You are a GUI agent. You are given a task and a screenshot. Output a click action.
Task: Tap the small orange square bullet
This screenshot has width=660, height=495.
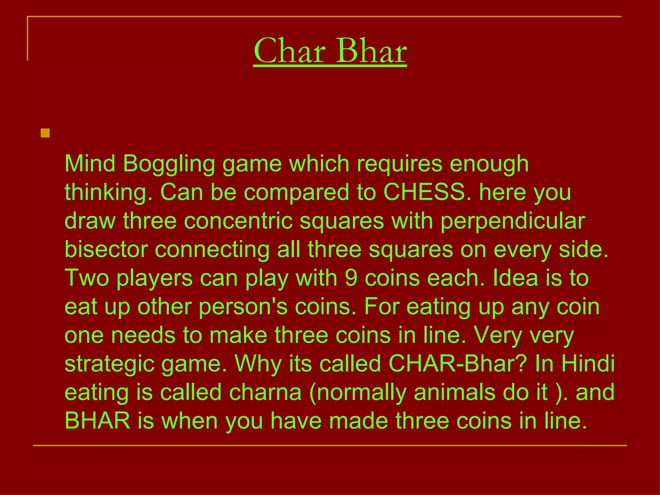[x=45, y=133]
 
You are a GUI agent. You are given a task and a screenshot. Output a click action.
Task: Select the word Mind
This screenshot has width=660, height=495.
[x=90, y=163]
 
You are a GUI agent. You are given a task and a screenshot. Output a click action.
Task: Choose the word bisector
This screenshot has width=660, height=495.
[x=106, y=249]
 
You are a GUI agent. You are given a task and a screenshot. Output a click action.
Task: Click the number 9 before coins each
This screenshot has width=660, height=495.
[x=351, y=278]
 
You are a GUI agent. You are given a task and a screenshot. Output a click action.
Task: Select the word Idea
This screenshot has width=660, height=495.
[x=515, y=278]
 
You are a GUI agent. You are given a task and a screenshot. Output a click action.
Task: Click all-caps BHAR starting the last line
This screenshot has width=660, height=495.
[x=98, y=421]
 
